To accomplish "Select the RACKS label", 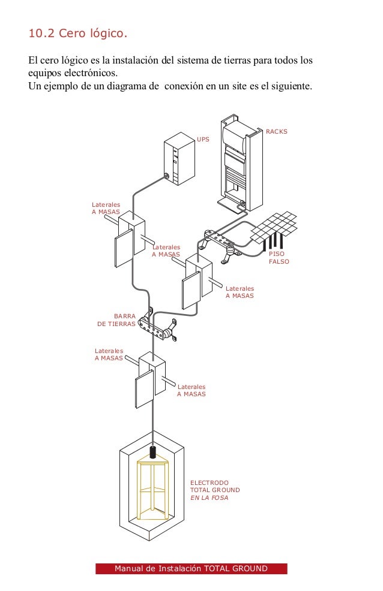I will click(x=277, y=131).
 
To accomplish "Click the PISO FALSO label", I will click(x=278, y=258).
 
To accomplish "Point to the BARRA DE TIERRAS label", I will click(x=116, y=319).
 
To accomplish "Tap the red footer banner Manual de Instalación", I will click(x=191, y=569).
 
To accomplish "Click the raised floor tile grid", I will click(x=274, y=227).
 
